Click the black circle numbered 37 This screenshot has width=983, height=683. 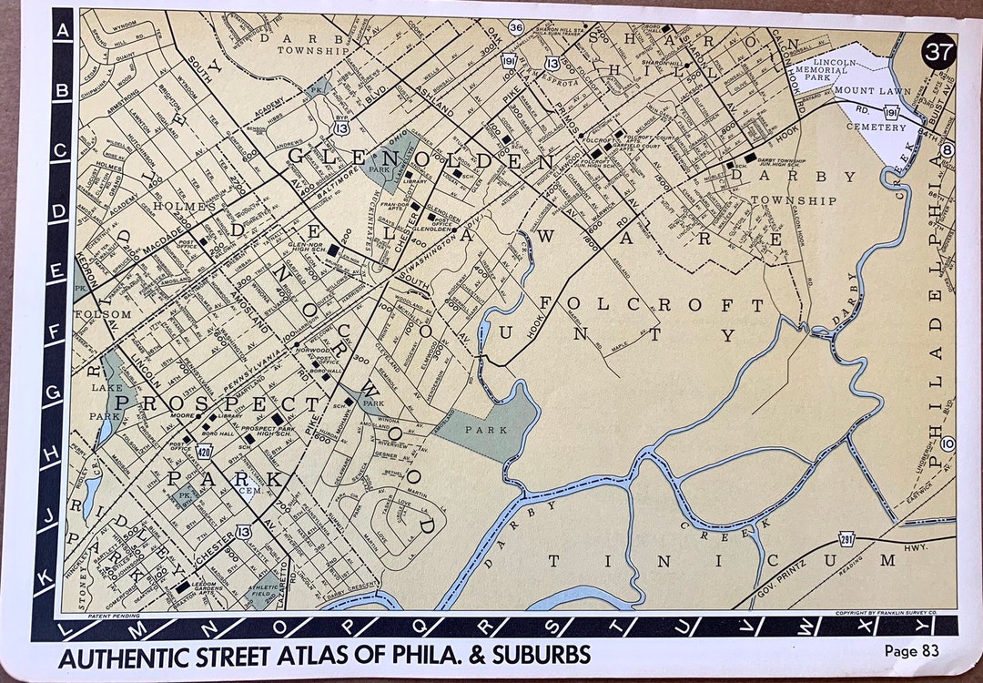(x=938, y=50)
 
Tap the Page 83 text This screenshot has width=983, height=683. (x=911, y=650)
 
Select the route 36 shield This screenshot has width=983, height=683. (x=516, y=27)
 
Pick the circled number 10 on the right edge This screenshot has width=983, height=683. (x=948, y=443)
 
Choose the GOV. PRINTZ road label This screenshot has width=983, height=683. (x=799, y=586)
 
